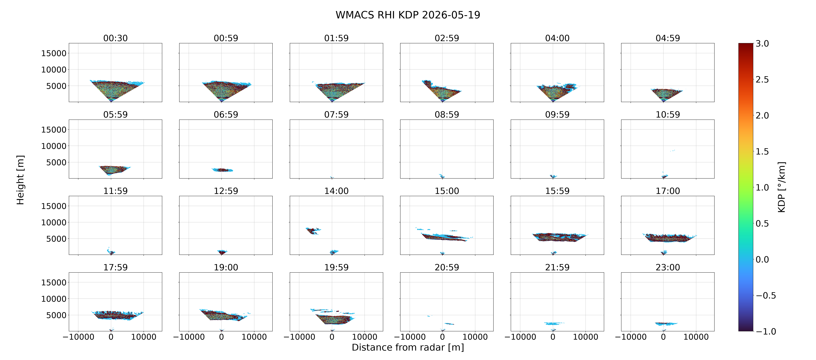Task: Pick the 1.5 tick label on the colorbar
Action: pyautogui.click(x=762, y=152)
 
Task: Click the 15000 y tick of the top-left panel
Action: pyautogui.click(x=54, y=53)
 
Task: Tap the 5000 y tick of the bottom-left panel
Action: pyautogui.click(x=56, y=315)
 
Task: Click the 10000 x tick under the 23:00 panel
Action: pyautogui.click(x=696, y=337)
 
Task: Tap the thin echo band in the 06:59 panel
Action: pyautogui.click(x=222, y=170)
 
